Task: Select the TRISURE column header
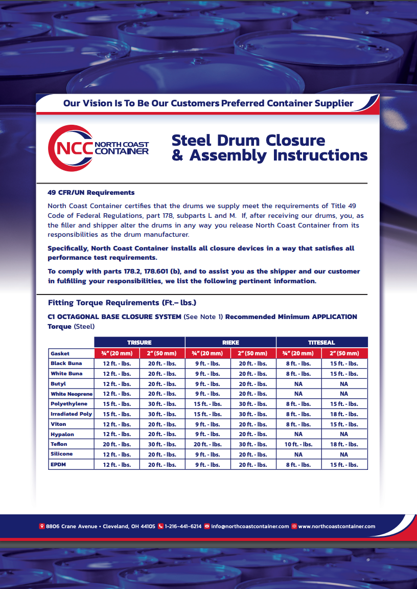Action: coord(139,343)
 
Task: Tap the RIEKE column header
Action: coord(230,343)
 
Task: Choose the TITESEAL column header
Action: coord(321,343)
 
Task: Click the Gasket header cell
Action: coord(60,353)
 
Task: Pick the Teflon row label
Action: coord(59,444)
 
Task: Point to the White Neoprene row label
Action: coord(71,394)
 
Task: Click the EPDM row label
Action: coord(58,464)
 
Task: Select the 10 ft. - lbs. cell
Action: coord(298,444)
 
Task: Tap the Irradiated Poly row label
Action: coord(71,414)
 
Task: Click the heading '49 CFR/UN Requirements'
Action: coord(91,193)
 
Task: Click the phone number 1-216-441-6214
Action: coord(183,526)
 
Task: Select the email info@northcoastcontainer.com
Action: coord(250,526)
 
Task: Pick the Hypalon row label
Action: coord(62,434)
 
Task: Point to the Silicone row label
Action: coord(61,454)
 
